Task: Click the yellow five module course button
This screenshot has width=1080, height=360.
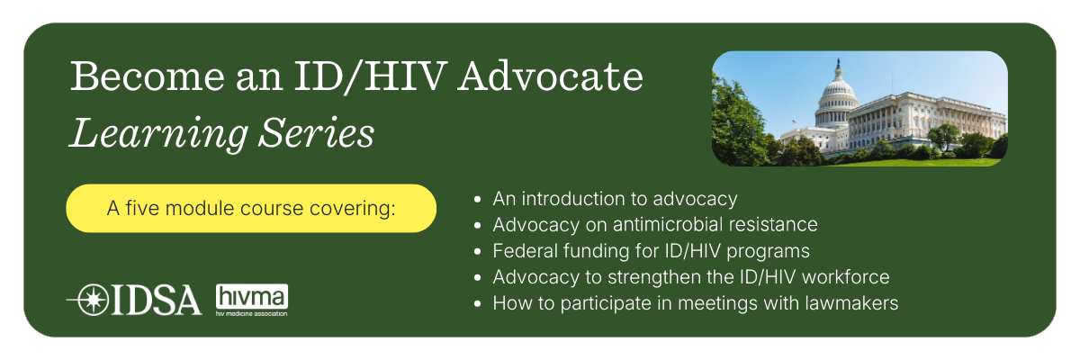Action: (x=251, y=209)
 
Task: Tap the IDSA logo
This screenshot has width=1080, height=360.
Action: (x=134, y=299)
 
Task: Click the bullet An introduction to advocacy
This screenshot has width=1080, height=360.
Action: (x=615, y=199)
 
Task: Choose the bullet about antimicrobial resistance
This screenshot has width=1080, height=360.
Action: (x=654, y=225)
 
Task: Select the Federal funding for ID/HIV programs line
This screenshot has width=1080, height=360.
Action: (x=651, y=251)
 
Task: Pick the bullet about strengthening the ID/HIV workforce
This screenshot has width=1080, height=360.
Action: (x=690, y=277)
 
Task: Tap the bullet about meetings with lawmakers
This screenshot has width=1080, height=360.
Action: (x=695, y=303)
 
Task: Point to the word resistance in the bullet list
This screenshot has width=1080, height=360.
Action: (x=773, y=225)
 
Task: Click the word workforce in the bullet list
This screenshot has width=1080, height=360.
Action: (x=849, y=277)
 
